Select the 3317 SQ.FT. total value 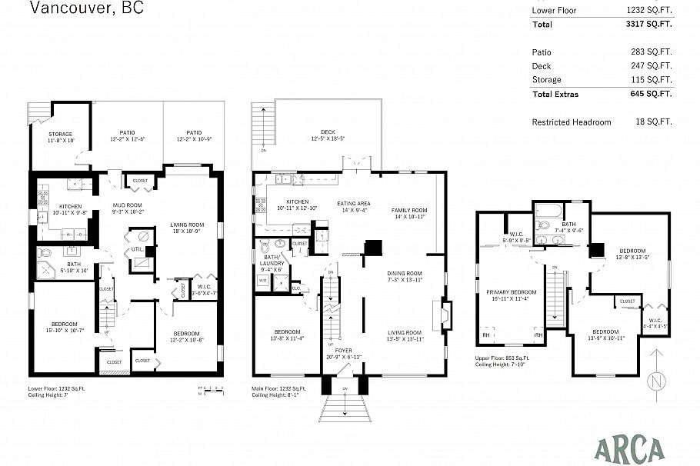[x=649, y=25]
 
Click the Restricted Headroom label [x=572, y=122]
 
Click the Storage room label [x=61, y=135]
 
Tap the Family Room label [x=409, y=210]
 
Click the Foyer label [x=343, y=350]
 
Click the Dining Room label [x=404, y=274]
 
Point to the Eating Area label [x=354, y=204]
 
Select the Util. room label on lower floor [x=138, y=249]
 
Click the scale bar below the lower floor [x=208, y=391]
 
